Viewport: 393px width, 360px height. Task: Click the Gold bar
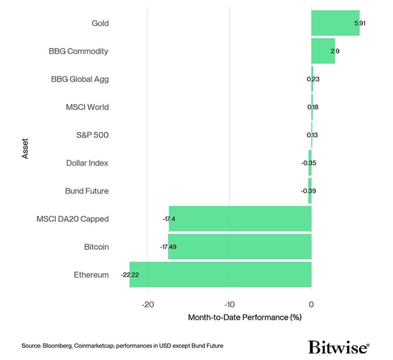(x=335, y=23)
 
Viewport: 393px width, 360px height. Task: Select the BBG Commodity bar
(x=323, y=51)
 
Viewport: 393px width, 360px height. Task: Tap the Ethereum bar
(x=220, y=275)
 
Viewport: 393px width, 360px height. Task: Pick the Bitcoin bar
(x=240, y=246)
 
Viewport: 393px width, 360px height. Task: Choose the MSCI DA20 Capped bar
(x=240, y=219)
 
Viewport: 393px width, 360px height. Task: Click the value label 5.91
(x=360, y=23)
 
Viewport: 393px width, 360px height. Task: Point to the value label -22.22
(x=129, y=275)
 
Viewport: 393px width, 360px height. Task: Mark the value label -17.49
(x=168, y=246)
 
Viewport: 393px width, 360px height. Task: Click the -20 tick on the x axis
(x=147, y=304)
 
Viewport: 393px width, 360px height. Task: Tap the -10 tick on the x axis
(x=229, y=304)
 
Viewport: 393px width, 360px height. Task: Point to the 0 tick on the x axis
(x=311, y=304)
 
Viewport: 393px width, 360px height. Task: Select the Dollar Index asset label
(x=87, y=163)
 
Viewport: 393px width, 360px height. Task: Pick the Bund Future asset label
(x=87, y=191)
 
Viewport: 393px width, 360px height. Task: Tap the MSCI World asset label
(x=87, y=107)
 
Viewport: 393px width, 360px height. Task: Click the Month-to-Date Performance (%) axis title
(x=244, y=318)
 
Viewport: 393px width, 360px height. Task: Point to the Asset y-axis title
(x=25, y=149)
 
